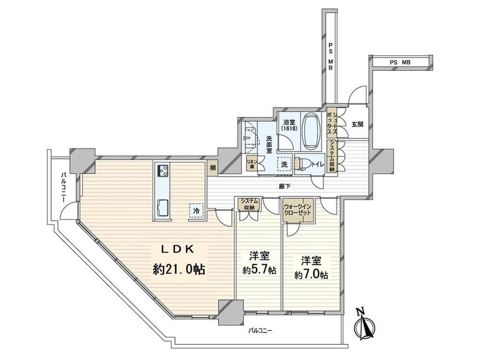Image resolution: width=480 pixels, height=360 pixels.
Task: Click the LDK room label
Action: pos(178,249)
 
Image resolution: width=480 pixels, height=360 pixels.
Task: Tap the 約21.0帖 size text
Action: pos(179,270)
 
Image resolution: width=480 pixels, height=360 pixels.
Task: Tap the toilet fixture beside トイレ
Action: pos(302,164)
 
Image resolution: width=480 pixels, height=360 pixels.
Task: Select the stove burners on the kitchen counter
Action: pos(163,170)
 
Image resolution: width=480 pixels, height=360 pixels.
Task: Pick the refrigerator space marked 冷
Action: pos(196,211)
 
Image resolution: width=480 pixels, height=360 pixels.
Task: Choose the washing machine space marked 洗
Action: pos(285,164)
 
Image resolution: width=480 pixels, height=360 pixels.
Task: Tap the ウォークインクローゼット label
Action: pos(297,209)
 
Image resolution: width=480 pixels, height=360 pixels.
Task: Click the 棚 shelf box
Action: pos(213,168)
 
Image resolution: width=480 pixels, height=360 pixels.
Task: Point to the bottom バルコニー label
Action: pos(260,331)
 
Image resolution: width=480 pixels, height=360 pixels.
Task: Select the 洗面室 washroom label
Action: pos(269,144)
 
